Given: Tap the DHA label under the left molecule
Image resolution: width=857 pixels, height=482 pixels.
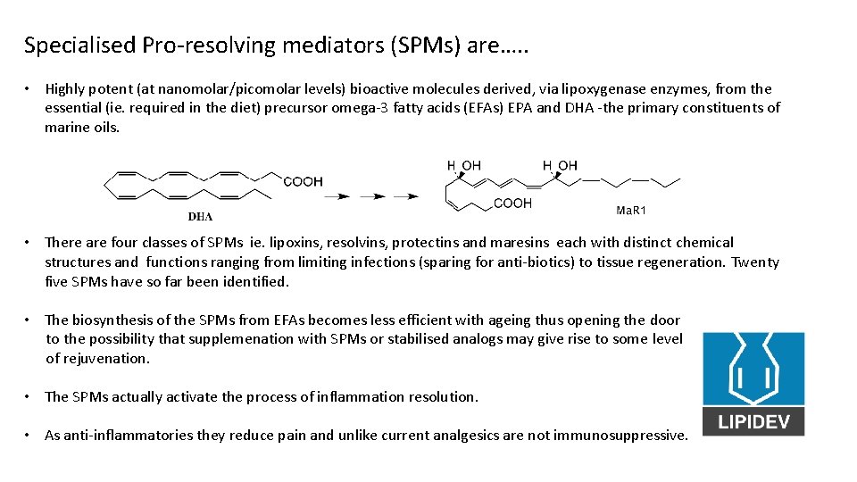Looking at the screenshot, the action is tap(200, 216).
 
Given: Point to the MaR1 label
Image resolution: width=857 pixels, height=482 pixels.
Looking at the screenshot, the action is tap(631, 211).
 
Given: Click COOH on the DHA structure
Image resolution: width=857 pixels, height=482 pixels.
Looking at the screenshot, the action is tap(303, 181).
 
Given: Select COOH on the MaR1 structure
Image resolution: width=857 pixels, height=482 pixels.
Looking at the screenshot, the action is tap(512, 204).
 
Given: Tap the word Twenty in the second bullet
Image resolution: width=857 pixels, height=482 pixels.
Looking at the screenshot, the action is tap(755, 262).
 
